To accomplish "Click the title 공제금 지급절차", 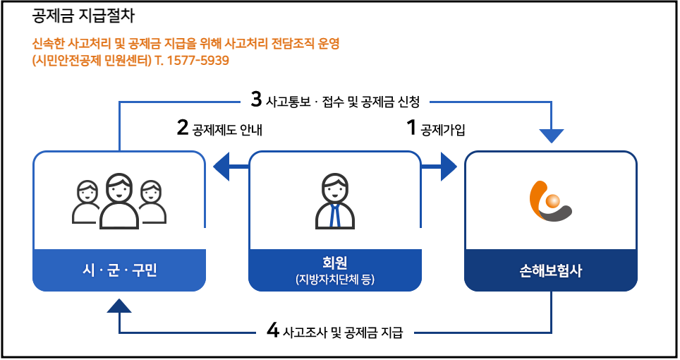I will (x=83, y=16).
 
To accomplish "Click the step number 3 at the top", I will (x=257, y=100).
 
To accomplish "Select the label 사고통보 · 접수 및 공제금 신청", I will (x=343, y=102).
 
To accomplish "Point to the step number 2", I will (x=183, y=128).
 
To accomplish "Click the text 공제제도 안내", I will (x=227, y=130).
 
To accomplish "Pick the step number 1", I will (x=411, y=128).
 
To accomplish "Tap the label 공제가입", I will (x=443, y=130).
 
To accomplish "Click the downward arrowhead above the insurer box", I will (x=552, y=136).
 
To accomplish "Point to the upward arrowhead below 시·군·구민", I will (x=119, y=305).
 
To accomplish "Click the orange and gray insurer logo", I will (x=550, y=201).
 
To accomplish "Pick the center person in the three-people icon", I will (x=119, y=201).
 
